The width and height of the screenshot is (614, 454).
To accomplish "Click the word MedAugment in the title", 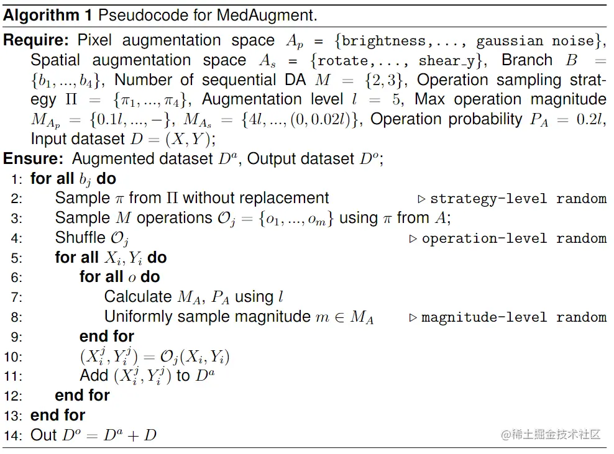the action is pyautogui.click(x=266, y=16).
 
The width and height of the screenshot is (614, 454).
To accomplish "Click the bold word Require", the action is pyautogui.click(x=36, y=40).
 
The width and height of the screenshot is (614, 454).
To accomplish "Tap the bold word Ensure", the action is pyautogui.click(x=34, y=159).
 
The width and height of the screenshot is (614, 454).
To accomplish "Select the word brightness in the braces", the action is pyautogui.click(x=384, y=41).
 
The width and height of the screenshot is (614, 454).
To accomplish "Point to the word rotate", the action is pyautogui.click(x=342, y=61).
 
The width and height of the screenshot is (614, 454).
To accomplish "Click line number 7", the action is pyautogui.click(x=17, y=297).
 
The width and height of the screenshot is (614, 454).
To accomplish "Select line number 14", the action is pyautogui.click(x=13, y=435).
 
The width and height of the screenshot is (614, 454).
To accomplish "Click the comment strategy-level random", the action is pyautogui.click(x=518, y=199).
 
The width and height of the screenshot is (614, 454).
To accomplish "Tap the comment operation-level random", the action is pyautogui.click(x=514, y=238).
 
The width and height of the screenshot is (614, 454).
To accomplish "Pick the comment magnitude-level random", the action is pyautogui.click(x=514, y=317).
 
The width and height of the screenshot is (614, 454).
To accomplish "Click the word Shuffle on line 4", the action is pyautogui.click(x=80, y=238).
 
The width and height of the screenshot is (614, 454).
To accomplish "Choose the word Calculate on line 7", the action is pyautogui.click(x=138, y=297).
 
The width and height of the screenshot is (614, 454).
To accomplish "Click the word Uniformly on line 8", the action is pyautogui.click(x=138, y=317).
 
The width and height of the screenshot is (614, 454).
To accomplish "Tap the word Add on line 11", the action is pyautogui.click(x=94, y=376).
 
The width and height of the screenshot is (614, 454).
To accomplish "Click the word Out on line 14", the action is pyautogui.click(x=44, y=435).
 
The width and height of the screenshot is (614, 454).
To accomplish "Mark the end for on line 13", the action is pyautogui.click(x=58, y=415).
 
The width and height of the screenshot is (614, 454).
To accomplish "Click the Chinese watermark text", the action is pyautogui.click(x=551, y=434).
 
